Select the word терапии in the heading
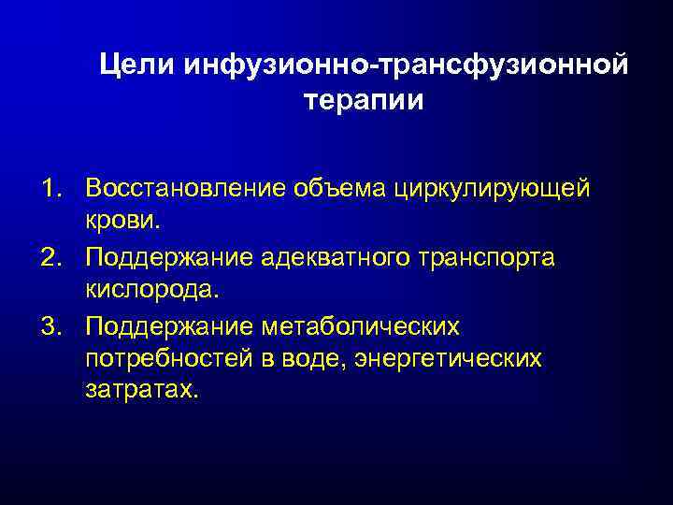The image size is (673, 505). tap(364, 100)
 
